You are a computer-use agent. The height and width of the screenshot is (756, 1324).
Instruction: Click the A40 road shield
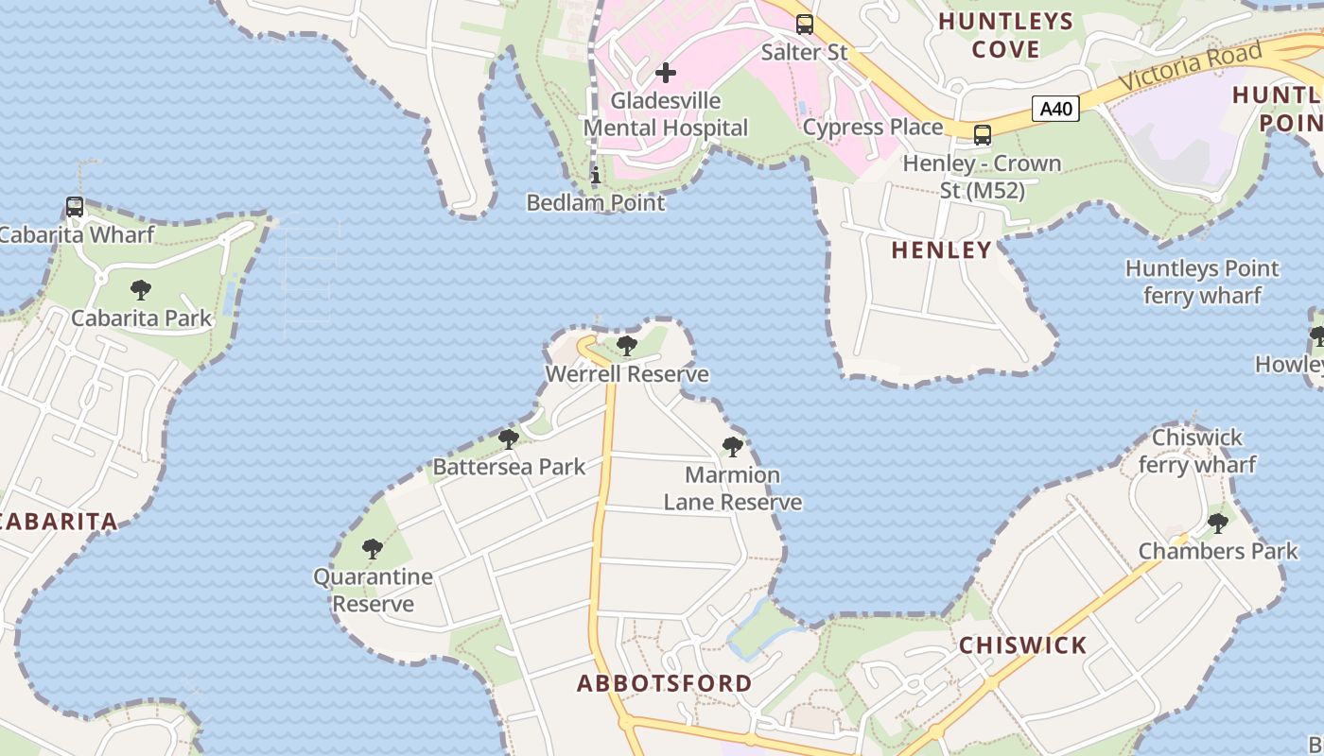pos(1055,109)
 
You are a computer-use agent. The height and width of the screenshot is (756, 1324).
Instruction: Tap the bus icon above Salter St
pos(804,25)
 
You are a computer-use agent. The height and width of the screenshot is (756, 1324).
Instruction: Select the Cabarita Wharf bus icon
pos(75,206)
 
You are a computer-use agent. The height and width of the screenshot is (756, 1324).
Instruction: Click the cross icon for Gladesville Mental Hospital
pos(666,72)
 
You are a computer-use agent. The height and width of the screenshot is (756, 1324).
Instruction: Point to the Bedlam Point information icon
pos(596,175)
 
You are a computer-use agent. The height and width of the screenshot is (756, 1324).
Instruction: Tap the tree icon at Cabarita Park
pos(141,289)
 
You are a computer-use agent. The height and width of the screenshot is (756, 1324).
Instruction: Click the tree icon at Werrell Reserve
pos(626,346)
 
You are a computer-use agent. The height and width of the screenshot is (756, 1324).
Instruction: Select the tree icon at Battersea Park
pos(509,438)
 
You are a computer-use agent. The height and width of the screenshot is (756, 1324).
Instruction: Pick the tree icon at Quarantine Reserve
pos(373,548)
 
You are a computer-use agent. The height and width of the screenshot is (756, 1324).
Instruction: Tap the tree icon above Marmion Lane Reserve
pos(732,447)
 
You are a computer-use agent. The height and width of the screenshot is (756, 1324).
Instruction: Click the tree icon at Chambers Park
pos(1218,523)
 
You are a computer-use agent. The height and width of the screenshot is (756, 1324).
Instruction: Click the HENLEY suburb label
pos(942,250)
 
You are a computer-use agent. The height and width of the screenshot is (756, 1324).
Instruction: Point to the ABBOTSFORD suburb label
pos(665,683)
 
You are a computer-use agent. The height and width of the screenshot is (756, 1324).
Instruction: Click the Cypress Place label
pos(873,127)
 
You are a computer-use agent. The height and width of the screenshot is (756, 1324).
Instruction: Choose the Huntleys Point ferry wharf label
pos(1201,282)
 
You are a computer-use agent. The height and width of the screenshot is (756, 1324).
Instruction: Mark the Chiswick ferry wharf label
pos(1196,451)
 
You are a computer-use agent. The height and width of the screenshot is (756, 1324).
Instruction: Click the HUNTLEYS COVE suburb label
pos(1005,35)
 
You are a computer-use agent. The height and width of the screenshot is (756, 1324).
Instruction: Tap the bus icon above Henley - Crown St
pos(983,135)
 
